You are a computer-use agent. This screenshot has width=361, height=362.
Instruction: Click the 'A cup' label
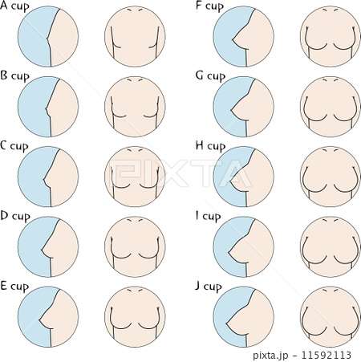[14, 6]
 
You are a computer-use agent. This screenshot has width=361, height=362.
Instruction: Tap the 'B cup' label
[14, 76]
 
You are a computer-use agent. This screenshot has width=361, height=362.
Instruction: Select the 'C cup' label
[14, 146]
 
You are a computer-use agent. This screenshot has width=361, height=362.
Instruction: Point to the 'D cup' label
[15, 216]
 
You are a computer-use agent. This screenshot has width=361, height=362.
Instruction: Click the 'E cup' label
[14, 287]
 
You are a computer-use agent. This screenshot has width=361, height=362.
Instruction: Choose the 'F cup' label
[209, 6]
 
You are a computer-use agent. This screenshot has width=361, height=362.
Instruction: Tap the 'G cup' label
[210, 76]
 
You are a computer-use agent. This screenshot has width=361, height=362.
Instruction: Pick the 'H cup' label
[211, 146]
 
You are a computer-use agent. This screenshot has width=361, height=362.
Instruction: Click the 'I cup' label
[209, 216]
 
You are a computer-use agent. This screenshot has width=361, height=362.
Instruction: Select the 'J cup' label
[209, 287]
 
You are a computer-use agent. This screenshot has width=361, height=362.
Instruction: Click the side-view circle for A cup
[48, 36]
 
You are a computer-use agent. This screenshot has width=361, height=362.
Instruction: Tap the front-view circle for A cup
[135, 36]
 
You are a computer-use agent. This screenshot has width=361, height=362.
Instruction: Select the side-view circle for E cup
[48, 317]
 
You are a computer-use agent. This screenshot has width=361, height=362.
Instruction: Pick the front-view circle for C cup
[135, 177]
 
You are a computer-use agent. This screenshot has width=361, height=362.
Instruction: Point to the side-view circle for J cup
[244, 317]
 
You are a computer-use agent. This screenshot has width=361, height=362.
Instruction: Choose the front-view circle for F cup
[331, 36]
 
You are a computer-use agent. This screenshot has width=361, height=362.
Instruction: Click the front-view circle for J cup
[331, 317]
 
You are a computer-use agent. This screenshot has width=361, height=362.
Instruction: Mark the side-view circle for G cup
[244, 107]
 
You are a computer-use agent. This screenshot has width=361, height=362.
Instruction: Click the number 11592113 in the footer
[326, 355]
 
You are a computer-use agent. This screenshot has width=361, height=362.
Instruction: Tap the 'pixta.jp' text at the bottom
[270, 356]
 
